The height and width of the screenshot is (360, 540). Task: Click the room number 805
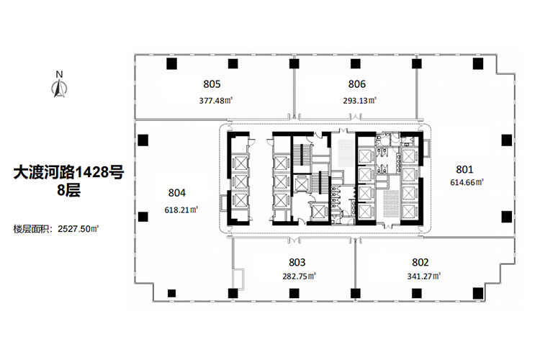(212, 84)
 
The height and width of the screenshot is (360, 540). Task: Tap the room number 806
(357, 84)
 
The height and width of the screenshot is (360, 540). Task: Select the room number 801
(464, 169)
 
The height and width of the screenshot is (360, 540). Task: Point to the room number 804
(177, 193)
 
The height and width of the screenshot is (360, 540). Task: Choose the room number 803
(297, 263)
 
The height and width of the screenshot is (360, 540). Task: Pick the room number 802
(420, 263)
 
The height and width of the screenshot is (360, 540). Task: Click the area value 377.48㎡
(216, 101)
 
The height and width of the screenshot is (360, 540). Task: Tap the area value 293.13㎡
(359, 101)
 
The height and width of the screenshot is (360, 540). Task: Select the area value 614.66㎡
(467, 183)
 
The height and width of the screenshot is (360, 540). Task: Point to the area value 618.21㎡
(181, 210)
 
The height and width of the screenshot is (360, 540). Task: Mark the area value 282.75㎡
(300, 276)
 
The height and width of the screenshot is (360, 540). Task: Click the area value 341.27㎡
(424, 276)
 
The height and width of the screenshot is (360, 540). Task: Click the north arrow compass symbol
(60, 88)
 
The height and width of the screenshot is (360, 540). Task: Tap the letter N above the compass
(60, 74)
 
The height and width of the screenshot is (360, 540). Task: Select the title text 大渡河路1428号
(68, 172)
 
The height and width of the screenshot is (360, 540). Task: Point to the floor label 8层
(68, 190)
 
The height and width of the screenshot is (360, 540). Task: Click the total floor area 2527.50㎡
(78, 229)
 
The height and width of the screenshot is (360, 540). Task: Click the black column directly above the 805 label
(233, 64)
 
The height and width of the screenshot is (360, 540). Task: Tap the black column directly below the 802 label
(416, 294)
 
